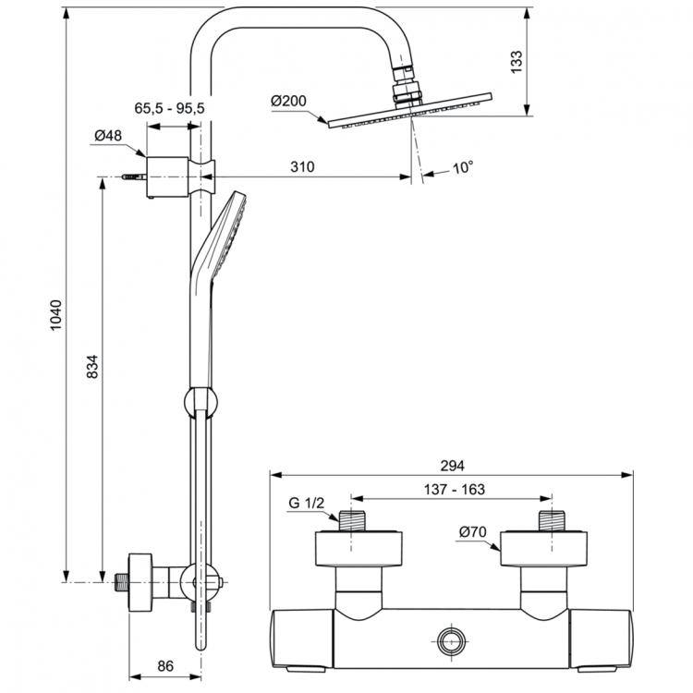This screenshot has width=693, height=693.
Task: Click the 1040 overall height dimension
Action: tap(55, 315)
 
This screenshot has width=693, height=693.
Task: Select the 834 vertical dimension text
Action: tap(91, 367)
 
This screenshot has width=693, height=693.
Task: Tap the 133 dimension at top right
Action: tap(517, 61)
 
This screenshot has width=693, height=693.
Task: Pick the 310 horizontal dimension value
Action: tap(301, 167)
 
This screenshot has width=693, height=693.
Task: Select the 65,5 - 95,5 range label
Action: tap(169, 108)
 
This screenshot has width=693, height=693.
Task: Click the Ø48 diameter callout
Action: tap(108, 136)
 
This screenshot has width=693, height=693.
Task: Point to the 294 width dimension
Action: tap(452, 466)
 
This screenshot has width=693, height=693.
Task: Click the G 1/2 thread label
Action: tap(306, 504)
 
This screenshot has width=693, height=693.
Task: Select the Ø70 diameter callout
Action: tap(473, 531)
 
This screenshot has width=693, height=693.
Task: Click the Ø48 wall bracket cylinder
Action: tap(167, 172)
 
